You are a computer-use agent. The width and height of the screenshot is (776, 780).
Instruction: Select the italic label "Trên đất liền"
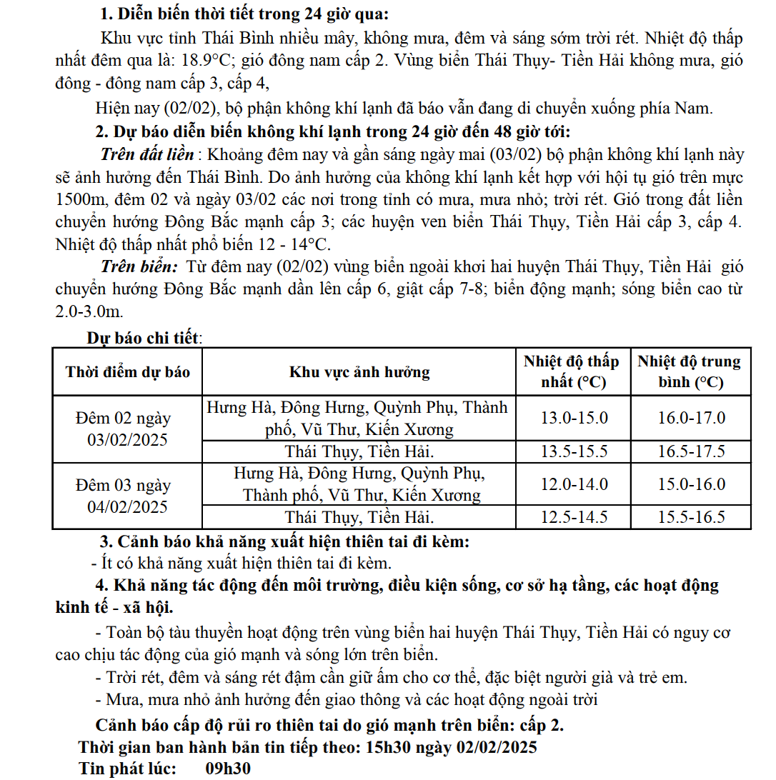(147, 155)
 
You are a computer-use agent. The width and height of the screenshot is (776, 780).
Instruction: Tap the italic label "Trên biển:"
(139, 267)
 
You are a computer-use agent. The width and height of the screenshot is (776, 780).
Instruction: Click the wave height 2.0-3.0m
(89, 311)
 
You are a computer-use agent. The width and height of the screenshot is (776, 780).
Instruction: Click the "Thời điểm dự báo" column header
(128, 372)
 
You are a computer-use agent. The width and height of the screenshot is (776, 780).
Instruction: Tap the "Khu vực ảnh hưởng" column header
(359, 372)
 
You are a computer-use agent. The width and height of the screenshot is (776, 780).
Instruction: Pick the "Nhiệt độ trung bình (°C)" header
(690, 371)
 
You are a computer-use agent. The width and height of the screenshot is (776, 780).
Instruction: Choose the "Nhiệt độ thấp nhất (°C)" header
(572, 371)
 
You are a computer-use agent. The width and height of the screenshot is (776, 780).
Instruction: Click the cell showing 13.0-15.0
(574, 418)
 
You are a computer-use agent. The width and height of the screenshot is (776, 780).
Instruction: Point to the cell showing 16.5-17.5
(691, 451)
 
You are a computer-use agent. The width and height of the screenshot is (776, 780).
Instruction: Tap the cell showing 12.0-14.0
(574, 484)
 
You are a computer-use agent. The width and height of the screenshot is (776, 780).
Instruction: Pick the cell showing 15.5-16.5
(691, 518)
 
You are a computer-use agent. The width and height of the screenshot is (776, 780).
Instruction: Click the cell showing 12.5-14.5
(574, 518)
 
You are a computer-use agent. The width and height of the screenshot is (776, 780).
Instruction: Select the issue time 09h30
(228, 769)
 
